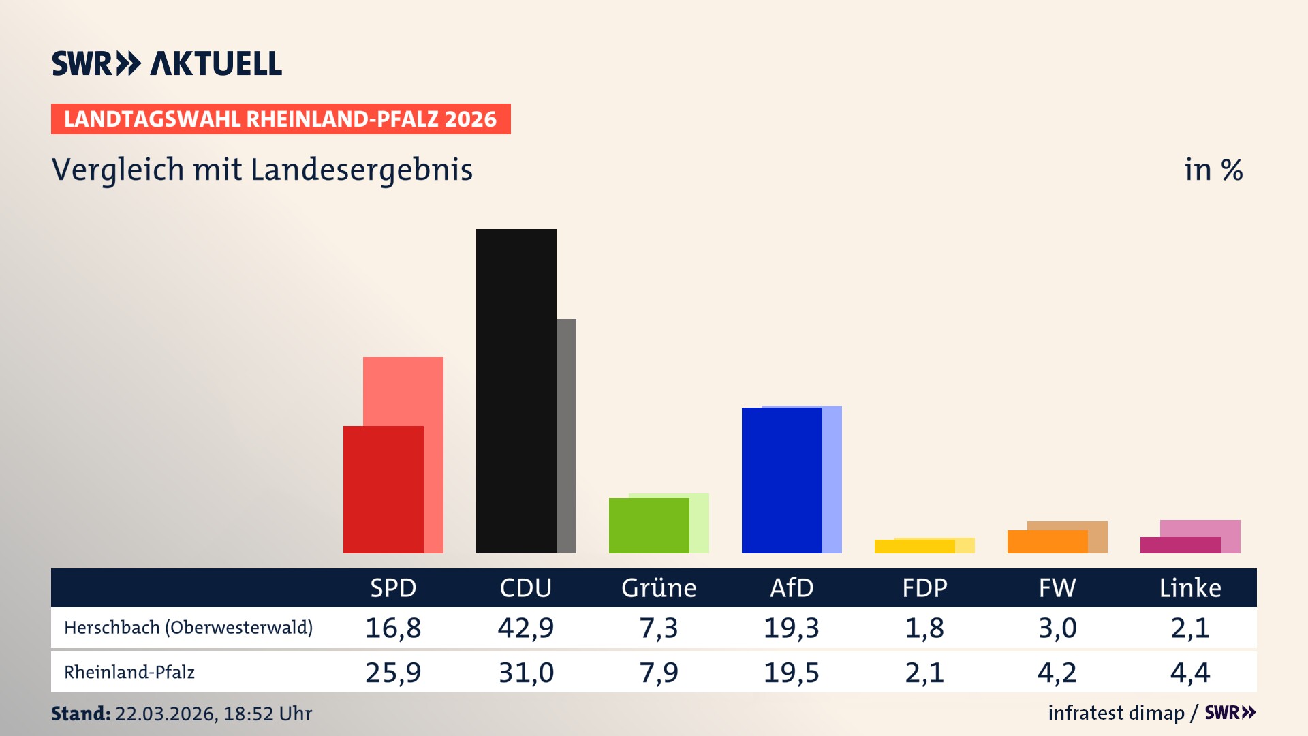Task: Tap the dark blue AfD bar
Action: point(781,480)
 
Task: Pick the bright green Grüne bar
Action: point(649,525)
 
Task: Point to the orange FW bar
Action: point(1047,542)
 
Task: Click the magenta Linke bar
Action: point(1180,545)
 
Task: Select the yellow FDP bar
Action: point(914,547)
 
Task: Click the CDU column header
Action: point(525,587)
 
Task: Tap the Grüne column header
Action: point(658,587)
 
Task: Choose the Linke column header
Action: point(1189,587)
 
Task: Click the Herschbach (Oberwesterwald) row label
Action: point(188,628)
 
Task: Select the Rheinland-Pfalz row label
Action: point(129,673)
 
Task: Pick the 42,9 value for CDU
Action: point(525,628)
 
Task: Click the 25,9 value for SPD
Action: point(393,673)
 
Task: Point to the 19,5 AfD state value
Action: point(791,673)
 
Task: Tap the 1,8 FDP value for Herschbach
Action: point(924,628)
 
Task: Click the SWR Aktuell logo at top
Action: point(167,63)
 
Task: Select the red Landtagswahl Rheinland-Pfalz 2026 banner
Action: point(281,119)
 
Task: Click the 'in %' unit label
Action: point(1213,170)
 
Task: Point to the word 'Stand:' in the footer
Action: point(80,714)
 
